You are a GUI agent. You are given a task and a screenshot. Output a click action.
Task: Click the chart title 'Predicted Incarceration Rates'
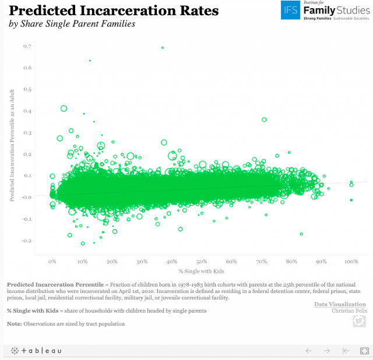coord(114,11)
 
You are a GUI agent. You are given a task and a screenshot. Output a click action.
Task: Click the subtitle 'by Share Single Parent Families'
coord(72,24)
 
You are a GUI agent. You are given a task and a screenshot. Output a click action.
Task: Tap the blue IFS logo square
coord(290,10)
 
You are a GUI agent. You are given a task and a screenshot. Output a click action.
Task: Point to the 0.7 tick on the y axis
coord(27,46)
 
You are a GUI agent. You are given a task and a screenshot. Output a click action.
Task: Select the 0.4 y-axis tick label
coord(27,111)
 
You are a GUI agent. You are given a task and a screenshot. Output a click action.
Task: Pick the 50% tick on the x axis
coord(202,262)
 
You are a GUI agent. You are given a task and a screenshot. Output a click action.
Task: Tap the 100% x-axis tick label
coord(351,262)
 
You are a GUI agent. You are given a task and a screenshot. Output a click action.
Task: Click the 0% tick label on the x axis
coord(52,262)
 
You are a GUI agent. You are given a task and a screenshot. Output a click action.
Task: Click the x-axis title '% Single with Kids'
coord(202,271)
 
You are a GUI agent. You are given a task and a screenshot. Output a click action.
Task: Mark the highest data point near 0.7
coord(163,48)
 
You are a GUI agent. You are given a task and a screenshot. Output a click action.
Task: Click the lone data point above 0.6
coord(90,61)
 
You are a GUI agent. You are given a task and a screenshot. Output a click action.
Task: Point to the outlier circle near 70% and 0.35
coord(264,120)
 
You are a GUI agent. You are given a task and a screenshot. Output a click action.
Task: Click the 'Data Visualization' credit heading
coord(340,304)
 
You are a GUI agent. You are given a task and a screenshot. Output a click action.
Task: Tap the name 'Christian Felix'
coord(349,310)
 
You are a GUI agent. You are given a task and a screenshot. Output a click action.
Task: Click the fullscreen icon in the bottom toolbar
coord(365,351)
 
